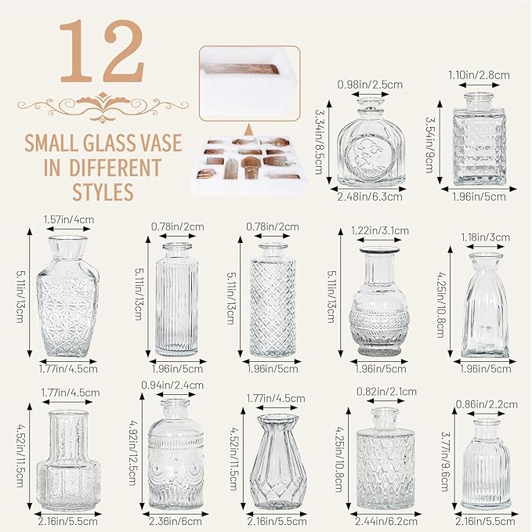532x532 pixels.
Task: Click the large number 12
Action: pos(103,51)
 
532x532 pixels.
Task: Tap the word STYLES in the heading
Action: pos(103,192)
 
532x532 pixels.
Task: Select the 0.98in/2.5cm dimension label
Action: pos(370,85)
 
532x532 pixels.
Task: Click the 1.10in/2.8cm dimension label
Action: pos(479,75)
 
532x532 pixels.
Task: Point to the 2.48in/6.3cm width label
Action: pos(370,197)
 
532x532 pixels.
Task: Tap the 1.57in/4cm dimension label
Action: pos(69,219)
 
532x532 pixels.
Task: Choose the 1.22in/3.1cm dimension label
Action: pos(380,230)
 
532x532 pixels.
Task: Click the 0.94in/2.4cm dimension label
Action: pos(172,385)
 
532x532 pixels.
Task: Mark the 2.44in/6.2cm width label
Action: pos(386,521)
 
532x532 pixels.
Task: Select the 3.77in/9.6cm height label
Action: pos(446,461)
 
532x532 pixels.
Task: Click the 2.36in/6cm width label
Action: pos(175,521)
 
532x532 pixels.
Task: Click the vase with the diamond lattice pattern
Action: pos(273,299)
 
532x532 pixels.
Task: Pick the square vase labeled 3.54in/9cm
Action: pos(479,139)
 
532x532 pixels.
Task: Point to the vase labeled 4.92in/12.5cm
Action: pos(176,454)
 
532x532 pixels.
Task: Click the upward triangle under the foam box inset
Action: pos(249,129)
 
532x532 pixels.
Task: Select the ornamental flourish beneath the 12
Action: pos(103,107)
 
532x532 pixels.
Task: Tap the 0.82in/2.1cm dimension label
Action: pos(386,392)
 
